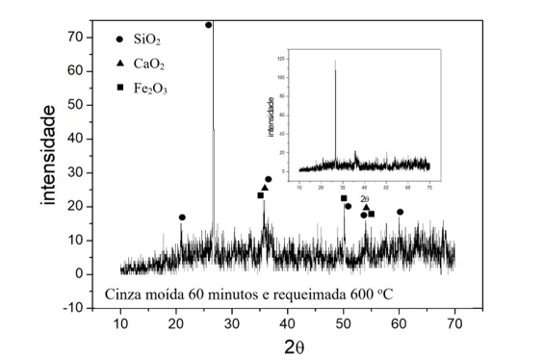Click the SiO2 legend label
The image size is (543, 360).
click(x=146, y=39)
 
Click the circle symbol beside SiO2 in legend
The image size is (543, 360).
click(x=119, y=39)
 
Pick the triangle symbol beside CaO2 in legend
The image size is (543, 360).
click(x=119, y=64)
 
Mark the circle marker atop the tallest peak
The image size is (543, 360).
click(x=209, y=25)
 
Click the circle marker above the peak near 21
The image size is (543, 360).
click(x=182, y=218)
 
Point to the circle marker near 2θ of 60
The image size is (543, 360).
click(x=400, y=212)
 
